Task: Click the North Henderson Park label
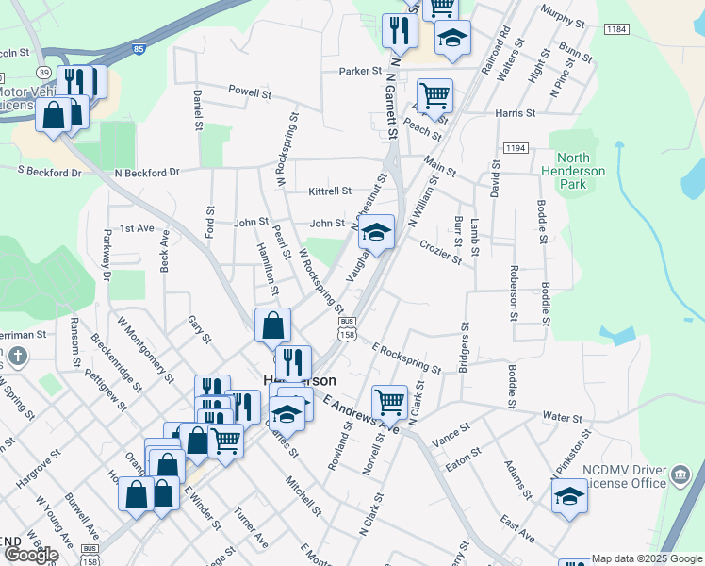pyautogui.click(x=573, y=171)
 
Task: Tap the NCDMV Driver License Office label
pyautogui.click(x=620, y=477)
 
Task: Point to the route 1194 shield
pyautogui.click(x=516, y=148)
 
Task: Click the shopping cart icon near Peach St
pyautogui.click(x=434, y=94)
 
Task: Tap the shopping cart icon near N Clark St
pyautogui.click(x=389, y=402)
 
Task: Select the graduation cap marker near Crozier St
pyautogui.click(x=376, y=232)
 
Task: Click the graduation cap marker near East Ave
pyautogui.click(x=569, y=494)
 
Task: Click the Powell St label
pyautogui.click(x=250, y=93)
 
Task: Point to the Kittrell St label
pyautogui.click(x=330, y=191)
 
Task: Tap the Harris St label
pyautogui.click(x=515, y=113)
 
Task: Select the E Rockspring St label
pyautogui.click(x=406, y=358)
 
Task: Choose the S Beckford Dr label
pyautogui.click(x=46, y=172)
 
